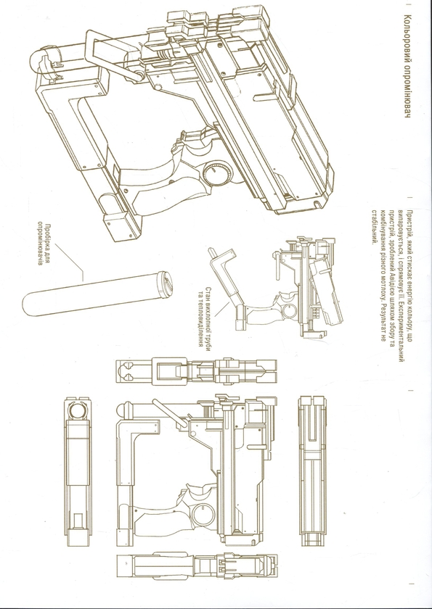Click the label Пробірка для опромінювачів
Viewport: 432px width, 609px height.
tap(43, 243)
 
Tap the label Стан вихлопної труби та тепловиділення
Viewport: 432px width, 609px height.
tap(205, 317)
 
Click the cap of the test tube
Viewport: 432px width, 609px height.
tap(166, 281)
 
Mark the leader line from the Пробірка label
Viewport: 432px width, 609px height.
tap(69, 262)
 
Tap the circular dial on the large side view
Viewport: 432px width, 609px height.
tap(203, 514)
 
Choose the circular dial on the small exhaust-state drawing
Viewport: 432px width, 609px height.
tap(290, 310)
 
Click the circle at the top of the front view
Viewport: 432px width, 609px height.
tap(77, 410)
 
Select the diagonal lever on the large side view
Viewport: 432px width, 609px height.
tap(169, 413)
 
